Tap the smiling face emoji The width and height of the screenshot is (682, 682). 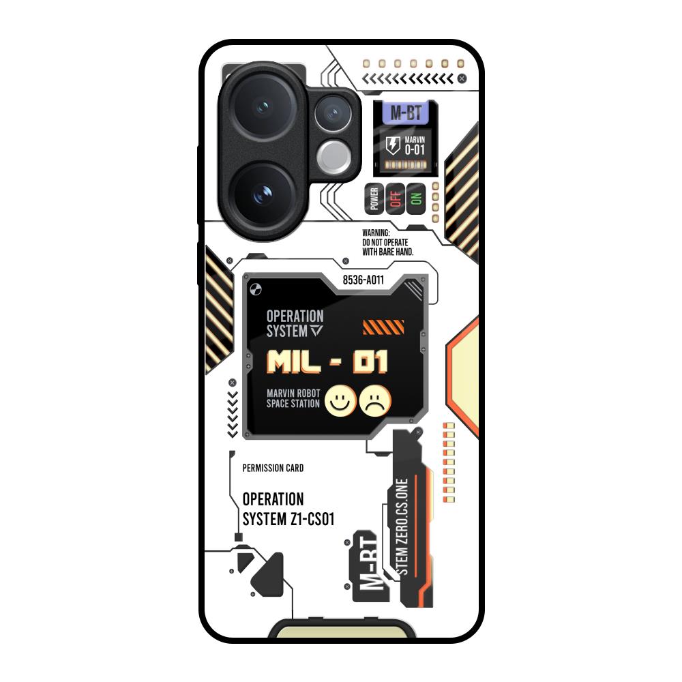(x=338, y=401)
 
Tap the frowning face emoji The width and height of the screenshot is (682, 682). (x=376, y=401)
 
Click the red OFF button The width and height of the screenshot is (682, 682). (x=395, y=200)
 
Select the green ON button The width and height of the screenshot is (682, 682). (x=416, y=200)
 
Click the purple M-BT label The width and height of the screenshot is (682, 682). (x=405, y=113)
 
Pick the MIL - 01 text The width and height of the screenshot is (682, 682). (x=327, y=362)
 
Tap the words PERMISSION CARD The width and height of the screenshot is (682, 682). (x=273, y=468)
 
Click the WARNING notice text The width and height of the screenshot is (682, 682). (x=387, y=242)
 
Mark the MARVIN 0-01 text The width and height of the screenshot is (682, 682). (x=415, y=146)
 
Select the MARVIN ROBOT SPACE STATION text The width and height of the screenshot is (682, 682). (x=293, y=398)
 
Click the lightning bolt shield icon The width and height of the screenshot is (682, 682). (x=393, y=145)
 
